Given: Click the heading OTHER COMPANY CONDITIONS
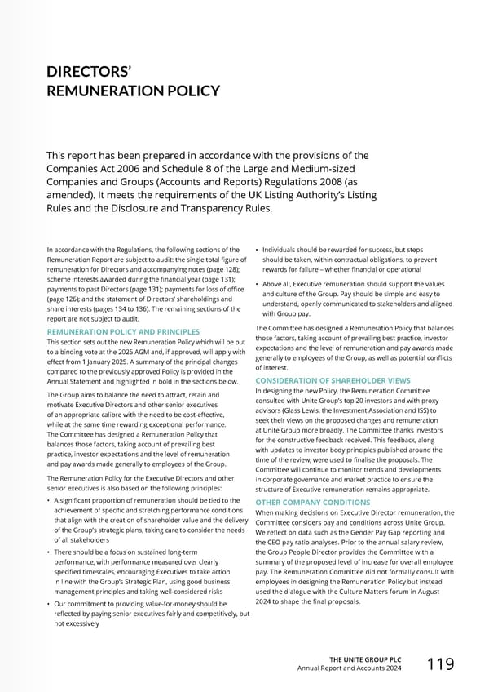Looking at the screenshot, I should (313, 503).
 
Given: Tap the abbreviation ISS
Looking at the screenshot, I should (421, 410).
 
